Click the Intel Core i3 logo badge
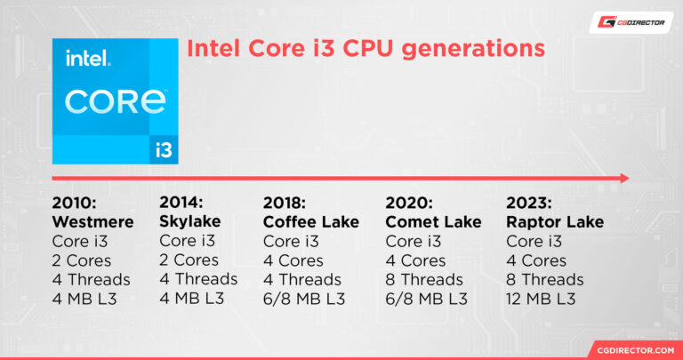(x=115, y=100)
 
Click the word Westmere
(x=93, y=221)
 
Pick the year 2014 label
(x=182, y=202)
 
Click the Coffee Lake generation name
(x=311, y=221)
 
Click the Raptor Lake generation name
(x=554, y=221)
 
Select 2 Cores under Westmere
(x=82, y=260)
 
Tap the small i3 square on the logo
(x=164, y=149)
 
